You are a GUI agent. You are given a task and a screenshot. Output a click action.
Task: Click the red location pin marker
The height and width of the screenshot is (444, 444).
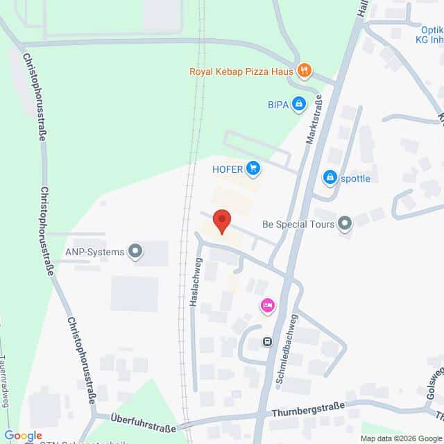(x=221, y=221)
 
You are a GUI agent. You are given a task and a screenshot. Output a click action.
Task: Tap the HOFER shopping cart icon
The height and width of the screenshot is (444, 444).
(x=253, y=167)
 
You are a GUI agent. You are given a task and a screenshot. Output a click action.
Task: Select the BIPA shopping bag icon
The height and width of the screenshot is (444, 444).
(x=298, y=105)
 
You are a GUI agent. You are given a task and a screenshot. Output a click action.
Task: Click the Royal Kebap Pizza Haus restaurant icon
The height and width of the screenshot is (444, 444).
(x=303, y=70)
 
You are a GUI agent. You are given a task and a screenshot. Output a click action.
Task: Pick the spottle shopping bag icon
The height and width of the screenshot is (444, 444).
(x=330, y=178)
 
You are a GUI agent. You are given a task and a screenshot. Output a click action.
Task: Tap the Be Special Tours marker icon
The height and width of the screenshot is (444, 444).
(x=344, y=223)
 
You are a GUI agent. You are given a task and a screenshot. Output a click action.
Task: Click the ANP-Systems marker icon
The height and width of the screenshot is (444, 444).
(x=136, y=252)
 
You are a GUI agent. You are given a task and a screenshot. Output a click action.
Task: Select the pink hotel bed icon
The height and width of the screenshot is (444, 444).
(x=267, y=305)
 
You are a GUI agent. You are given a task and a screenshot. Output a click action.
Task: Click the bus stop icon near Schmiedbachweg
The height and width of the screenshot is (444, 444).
(x=267, y=341)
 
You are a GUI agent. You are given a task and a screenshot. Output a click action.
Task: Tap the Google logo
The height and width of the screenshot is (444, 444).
(x=23, y=435)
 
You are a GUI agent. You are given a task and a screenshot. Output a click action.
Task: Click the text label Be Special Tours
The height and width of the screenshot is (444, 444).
(x=298, y=224)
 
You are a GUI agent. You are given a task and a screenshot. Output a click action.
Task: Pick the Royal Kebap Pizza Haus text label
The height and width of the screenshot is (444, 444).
(x=241, y=71)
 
